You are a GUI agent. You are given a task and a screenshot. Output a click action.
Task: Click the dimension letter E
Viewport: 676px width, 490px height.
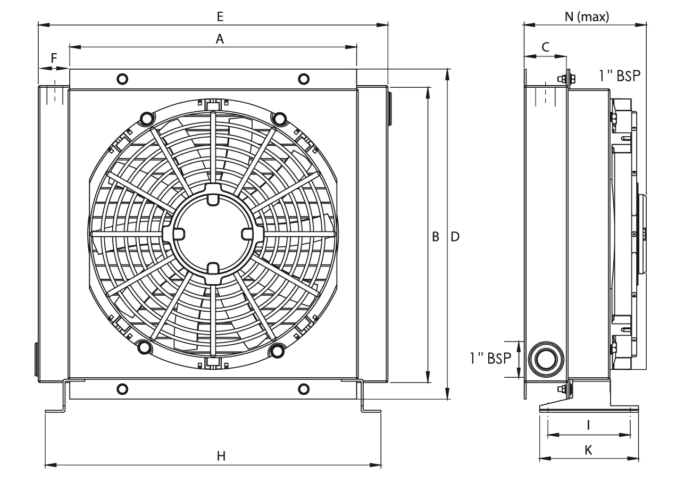(219, 17)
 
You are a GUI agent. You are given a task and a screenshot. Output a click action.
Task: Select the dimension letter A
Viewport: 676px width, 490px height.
(218, 38)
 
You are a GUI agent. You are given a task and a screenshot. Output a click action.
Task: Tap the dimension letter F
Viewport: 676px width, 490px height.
(53, 58)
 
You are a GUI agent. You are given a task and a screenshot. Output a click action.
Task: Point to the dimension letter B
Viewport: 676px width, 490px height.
(435, 236)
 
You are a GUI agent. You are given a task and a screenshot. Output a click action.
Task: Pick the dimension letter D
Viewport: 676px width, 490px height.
(455, 236)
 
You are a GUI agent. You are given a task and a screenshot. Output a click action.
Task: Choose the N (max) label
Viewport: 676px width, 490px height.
(587, 16)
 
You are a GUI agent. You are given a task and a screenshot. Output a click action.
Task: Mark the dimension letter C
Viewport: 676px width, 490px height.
(545, 47)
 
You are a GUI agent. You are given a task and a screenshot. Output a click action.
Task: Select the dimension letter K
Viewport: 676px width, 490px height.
(588, 450)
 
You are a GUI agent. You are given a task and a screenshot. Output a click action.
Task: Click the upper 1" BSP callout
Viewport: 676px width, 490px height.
(619, 76)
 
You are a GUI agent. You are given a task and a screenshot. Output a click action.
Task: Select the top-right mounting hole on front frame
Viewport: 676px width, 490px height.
(303, 79)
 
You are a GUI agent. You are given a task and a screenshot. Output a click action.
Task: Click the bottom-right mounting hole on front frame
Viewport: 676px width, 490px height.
(303, 388)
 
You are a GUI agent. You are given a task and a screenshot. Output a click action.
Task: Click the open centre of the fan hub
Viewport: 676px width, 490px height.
(212, 234)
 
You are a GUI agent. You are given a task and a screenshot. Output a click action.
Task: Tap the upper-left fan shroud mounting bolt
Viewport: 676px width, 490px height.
(145, 117)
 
